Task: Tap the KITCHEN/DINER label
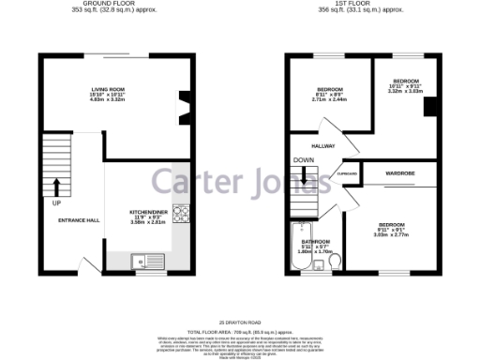pyautogui.click(x=147, y=213)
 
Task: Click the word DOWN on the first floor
pyautogui.click(x=304, y=160)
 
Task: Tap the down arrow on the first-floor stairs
pyautogui.click(x=304, y=174)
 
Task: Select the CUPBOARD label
pyautogui.click(x=346, y=172)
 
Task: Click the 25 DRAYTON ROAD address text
pyautogui.click(x=240, y=322)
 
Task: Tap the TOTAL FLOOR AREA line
pyautogui.click(x=240, y=332)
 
